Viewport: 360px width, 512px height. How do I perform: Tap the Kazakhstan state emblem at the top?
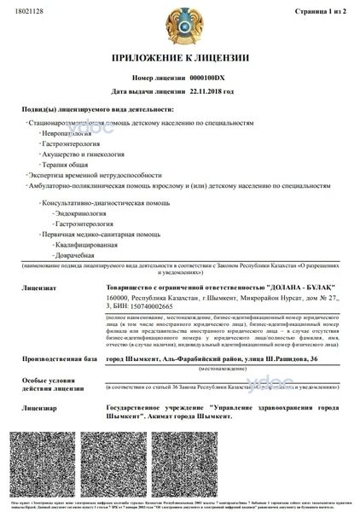179,25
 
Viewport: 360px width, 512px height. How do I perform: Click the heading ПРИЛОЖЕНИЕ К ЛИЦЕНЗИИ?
180,58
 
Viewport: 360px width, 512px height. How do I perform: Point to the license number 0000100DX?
213,77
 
